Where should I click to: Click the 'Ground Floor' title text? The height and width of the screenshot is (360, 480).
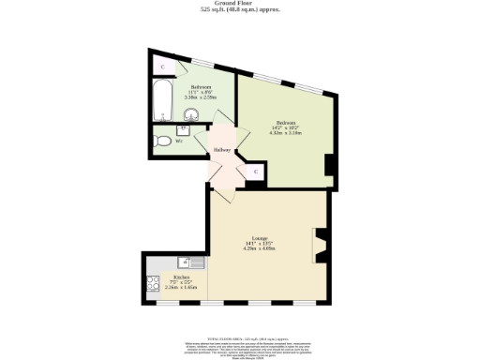tap(239, 4)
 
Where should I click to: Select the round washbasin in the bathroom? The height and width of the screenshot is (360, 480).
tap(191, 115)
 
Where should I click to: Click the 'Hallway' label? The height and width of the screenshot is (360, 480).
tap(221, 150)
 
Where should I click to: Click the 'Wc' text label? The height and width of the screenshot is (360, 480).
tap(179, 142)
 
